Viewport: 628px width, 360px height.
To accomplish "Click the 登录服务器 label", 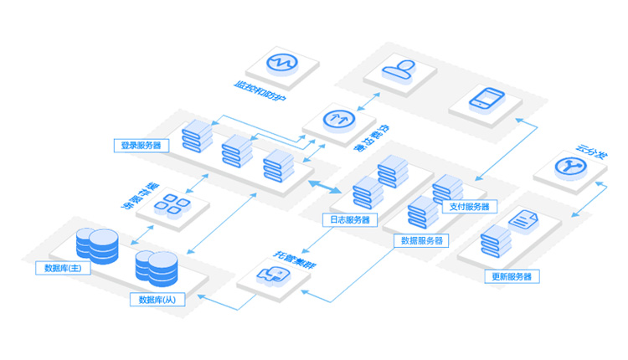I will click(x=141, y=146).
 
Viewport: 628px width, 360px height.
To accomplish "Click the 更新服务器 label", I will click(x=512, y=276).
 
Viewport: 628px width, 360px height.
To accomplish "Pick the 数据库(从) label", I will click(x=158, y=299).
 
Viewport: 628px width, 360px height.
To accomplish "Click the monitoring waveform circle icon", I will click(x=283, y=63).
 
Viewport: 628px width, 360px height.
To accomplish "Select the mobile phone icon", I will click(x=486, y=99).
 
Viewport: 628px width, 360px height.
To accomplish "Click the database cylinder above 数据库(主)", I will click(x=94, y=243).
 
